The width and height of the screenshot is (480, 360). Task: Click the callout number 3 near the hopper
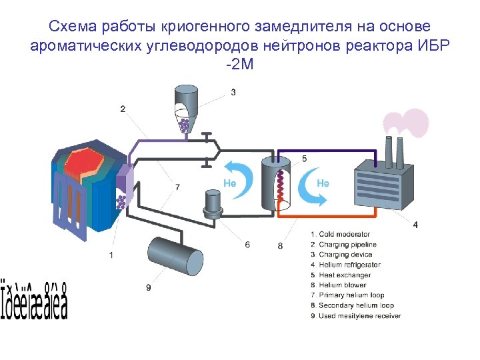click(x=233, y=92)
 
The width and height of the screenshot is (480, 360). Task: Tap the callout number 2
click(x=123, y=108)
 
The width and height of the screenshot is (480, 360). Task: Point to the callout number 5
click(x=305, y=159)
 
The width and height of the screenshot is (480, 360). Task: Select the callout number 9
click(x=148, y=287)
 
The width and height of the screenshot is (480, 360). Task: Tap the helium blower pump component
click(x=213, y=203)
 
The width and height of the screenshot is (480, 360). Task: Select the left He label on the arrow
click(x=228, y=182)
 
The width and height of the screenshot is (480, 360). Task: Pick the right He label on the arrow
click(x=323, y=182)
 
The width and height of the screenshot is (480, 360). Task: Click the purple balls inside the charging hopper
click(x=185, y=125)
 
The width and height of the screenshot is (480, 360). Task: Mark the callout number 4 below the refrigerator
click(x=415, y=225)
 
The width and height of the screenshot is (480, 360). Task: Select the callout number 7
click(x=177, y=188)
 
